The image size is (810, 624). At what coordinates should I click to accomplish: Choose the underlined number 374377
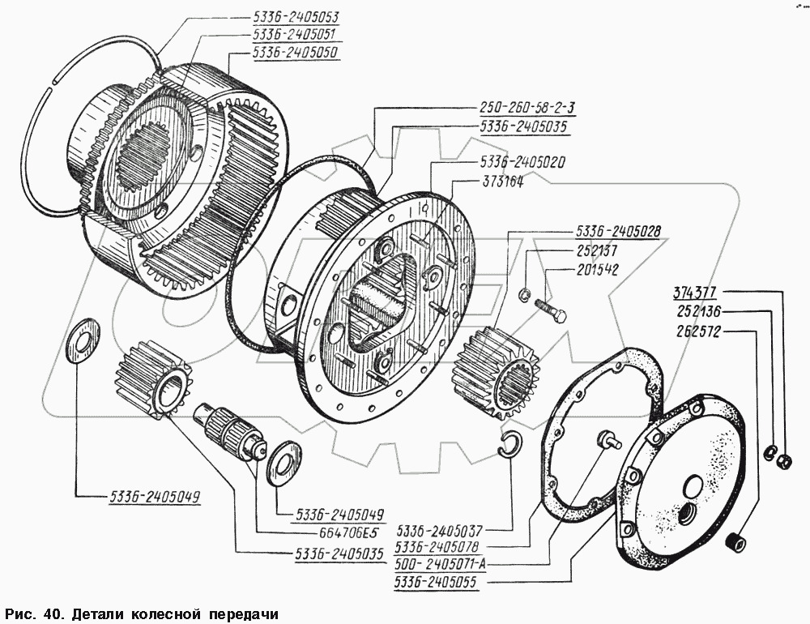click(x=698, y=293)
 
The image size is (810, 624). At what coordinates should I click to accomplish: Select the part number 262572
click(x=698, y=331)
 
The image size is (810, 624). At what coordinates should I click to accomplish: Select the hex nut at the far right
click(x=783, y=461)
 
